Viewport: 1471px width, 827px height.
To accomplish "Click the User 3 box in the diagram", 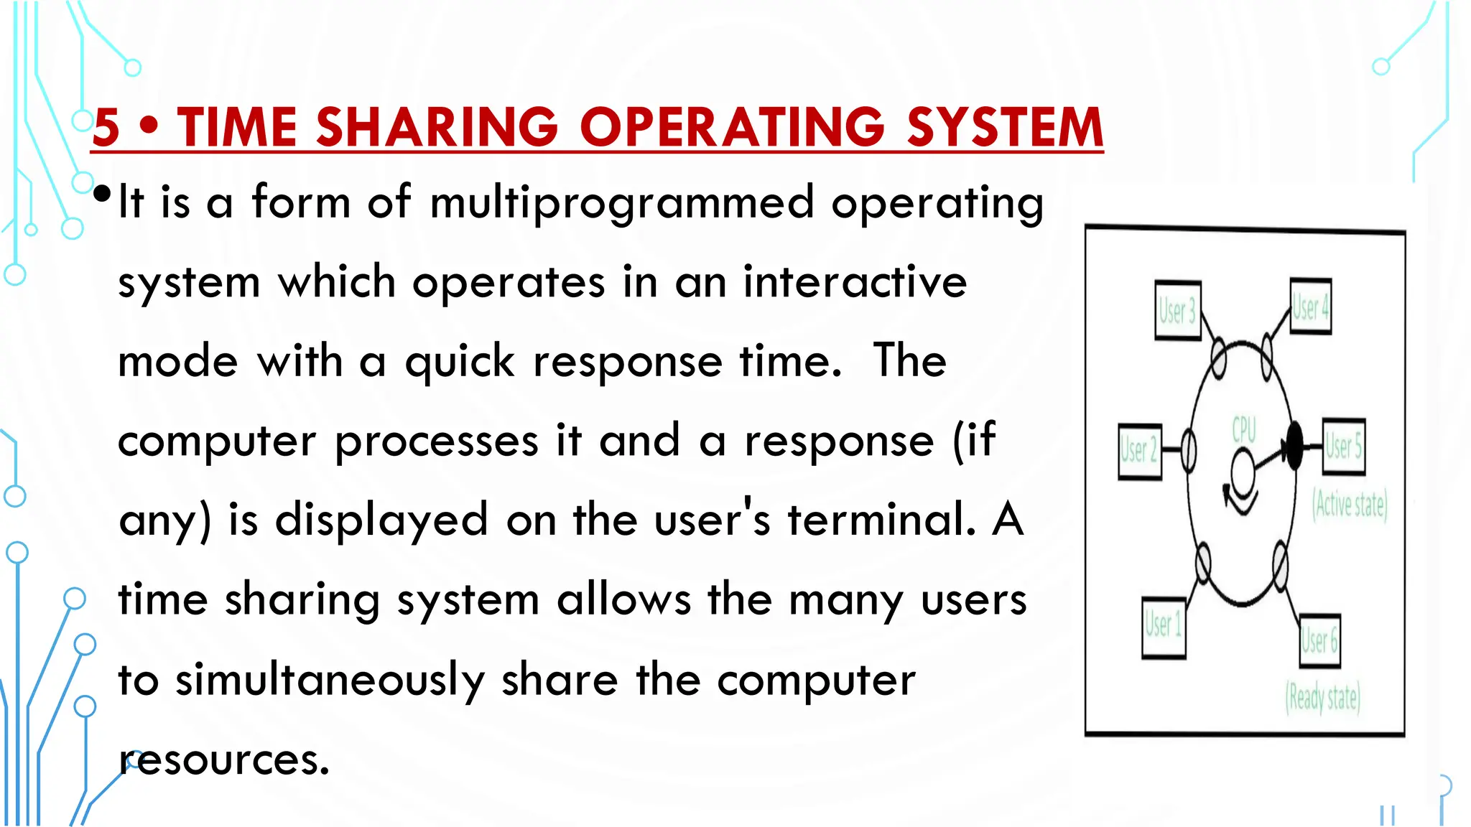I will click(1178, 311).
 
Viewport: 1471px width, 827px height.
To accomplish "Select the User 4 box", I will click(1311, 307).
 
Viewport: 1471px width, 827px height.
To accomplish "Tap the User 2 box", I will click(1140, 452).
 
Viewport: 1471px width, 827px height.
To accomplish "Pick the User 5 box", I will click(1343, 447).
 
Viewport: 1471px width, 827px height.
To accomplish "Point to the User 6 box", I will click(1320, 640).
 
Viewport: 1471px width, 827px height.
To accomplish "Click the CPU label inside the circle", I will click(1244, 430).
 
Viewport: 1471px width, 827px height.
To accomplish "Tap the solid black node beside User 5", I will click(1294, 446).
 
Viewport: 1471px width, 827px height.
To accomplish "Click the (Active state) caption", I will click(1350, 505).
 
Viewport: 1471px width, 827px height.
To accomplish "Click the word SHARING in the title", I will click(437, 127).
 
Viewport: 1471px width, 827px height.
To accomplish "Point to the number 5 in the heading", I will click(106, 127).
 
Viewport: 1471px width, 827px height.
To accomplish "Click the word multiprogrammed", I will click(621, 203).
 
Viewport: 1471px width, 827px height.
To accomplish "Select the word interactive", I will click(855, 281).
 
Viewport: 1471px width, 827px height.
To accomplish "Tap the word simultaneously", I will click(330, 680).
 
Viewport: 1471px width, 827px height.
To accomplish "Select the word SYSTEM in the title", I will click(1004, 127).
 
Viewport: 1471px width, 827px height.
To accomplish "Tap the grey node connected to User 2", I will click(1189, 451).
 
